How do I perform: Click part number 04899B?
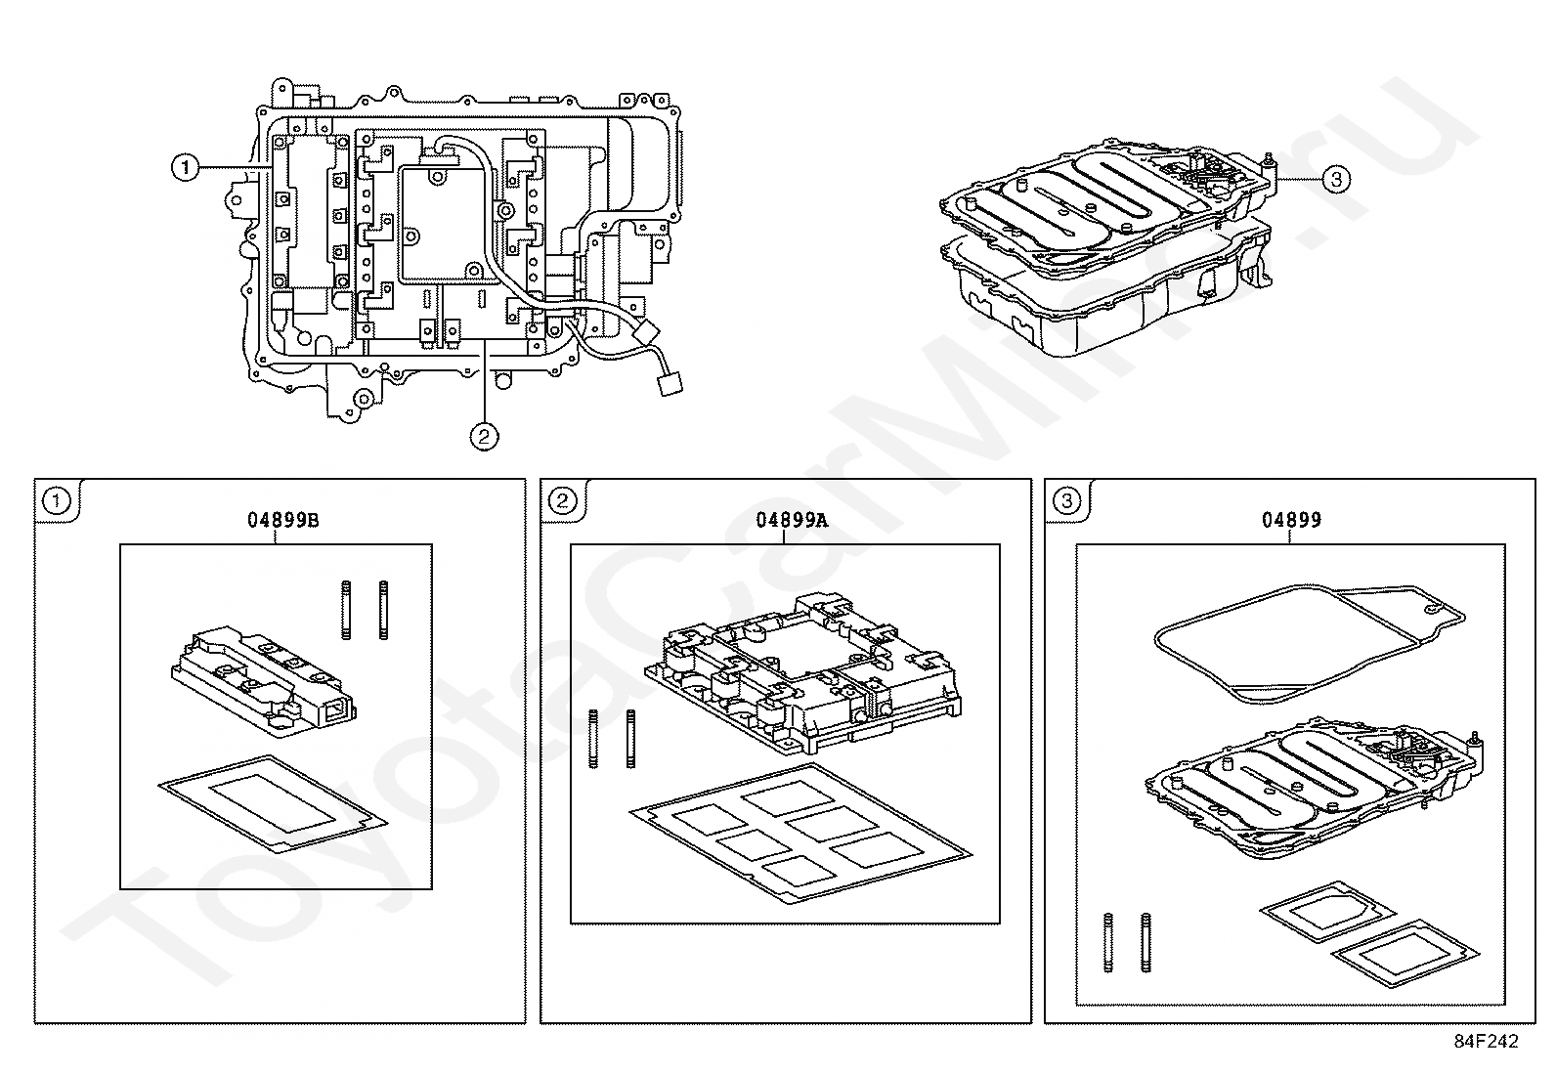click(282, 520)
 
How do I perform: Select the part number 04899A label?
click(791, 520)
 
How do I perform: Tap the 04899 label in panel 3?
click(1290, 520)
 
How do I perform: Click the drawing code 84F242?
click(1486, 1042)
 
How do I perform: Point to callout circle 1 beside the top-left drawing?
click(185, 168)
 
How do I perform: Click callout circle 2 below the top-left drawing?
click(484, 436)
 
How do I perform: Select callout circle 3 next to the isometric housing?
click(1336, 179)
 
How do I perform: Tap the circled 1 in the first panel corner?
click(58, 502)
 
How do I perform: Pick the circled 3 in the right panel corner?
click(1067, 502)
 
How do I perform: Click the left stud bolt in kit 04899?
click(1108, 942)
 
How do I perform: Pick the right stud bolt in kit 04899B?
click(383, 609)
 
